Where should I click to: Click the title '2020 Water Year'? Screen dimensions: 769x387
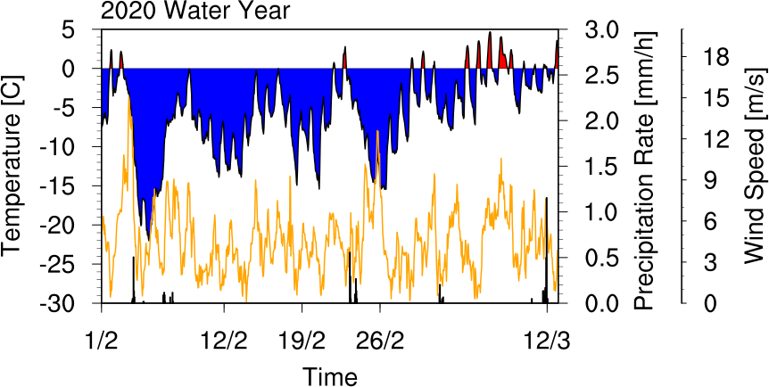pos(195,11)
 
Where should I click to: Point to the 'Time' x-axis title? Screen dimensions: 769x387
pos(329,376)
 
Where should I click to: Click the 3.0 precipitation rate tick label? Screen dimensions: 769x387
pos(603,29)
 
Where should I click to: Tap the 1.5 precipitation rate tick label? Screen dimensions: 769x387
pos(603,166)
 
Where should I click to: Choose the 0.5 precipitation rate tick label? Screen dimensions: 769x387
pos(603,258)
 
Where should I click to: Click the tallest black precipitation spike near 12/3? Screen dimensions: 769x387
pos(546,251)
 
